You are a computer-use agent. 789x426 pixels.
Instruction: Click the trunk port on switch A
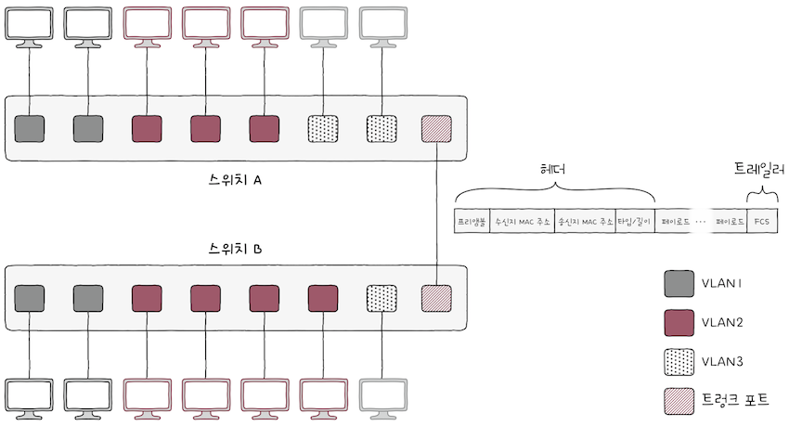click(x=436, y=128)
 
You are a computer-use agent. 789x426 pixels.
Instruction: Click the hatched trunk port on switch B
click(x=436, y=297)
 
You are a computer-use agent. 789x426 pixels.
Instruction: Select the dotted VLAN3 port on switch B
click(x=382, y=297)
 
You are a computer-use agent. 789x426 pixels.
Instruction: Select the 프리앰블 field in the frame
click(x=472, y=222)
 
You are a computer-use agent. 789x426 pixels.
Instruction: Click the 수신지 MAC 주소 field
click(x=522, y=222)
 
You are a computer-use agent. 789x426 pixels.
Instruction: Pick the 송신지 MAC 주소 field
click(x=585, y=222)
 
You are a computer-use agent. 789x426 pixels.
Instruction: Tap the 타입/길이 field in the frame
click(x=635, y=222)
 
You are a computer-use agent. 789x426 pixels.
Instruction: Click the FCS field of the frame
click(x=762, y=222)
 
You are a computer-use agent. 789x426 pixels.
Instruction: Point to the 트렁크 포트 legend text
click(x=737, y=400)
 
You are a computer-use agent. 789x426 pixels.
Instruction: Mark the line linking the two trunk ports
click(x=436, y=213)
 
